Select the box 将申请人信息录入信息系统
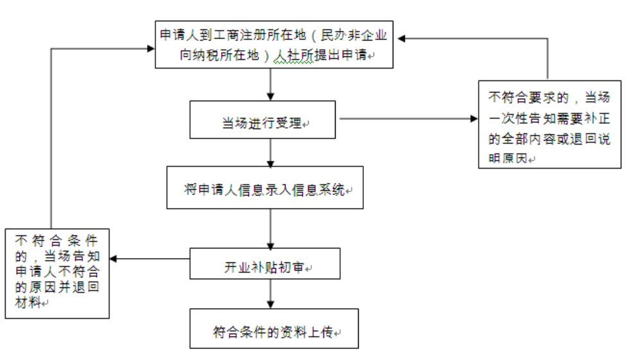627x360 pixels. tap(264, 187)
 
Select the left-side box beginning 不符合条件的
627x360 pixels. tap(56, 272)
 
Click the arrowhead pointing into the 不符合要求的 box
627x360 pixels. tap(474, 119)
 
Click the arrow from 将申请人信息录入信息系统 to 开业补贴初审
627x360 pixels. tap(271, 228)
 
